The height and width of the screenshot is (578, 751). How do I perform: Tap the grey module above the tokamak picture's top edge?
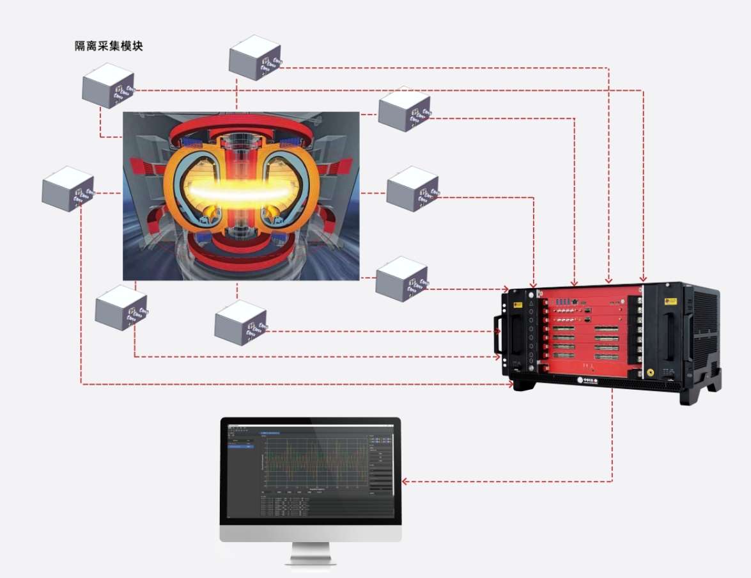[254, 57]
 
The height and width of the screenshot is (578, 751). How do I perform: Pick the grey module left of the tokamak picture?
[67, 188]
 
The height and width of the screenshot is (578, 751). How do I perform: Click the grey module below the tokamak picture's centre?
[240, 323]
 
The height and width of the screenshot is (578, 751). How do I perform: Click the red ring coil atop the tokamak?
[241, 127]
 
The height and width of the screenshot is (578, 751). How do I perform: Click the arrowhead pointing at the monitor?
[405, 481]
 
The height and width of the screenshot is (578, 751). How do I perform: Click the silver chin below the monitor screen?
[311, 534]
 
